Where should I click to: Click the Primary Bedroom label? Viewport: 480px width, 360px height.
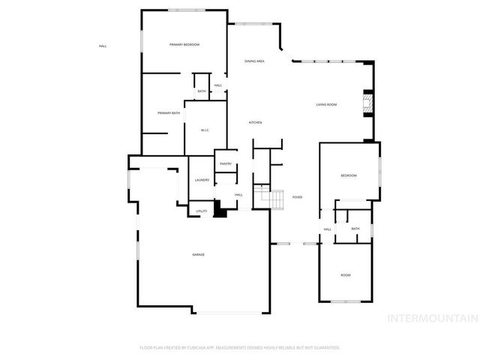tap(184, 45)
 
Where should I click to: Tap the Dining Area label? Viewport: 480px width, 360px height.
tap(254, 61)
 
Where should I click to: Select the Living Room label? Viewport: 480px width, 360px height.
tap(326, 104)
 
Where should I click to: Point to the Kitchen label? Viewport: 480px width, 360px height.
tap(255, 122)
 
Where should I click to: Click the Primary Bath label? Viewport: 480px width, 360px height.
tap(169, 112)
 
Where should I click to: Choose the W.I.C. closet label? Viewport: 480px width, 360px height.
tap(205, 130)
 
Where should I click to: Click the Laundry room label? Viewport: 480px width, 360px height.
tap(202, 180)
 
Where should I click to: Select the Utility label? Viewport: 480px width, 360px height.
tap(202, 211)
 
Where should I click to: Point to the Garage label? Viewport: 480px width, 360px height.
tap(198, 255)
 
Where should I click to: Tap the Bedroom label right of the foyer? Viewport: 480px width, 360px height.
tap(349, 175)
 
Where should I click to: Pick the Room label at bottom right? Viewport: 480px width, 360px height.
tap(346, 275)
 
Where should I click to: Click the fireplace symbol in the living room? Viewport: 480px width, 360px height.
tap(367, 103)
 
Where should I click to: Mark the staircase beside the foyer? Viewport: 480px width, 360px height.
tap(268, 200)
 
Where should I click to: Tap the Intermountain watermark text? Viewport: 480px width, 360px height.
tap(431, 318)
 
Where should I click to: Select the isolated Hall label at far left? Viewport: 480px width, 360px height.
tap(103, 46)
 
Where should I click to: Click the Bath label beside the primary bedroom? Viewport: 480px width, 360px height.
tap(202, 91)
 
